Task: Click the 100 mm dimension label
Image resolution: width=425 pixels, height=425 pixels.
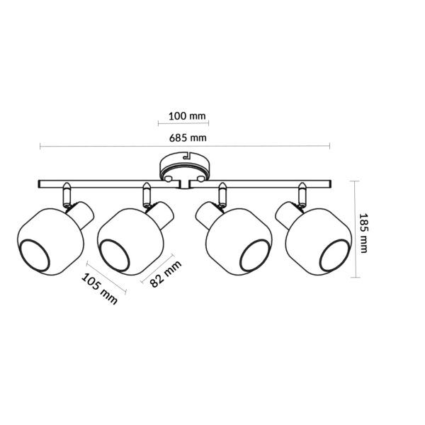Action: coord(187,116)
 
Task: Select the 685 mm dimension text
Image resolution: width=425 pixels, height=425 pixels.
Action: coord(188,138)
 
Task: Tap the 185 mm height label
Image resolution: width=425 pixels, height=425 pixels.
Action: coord(363,233)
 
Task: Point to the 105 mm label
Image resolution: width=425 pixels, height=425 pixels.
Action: coord(99,289)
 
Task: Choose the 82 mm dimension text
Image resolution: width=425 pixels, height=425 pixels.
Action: coord(166,273)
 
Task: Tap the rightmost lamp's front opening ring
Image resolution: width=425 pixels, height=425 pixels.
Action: coord(334,255)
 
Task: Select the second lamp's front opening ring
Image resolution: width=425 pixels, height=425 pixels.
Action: coord(115,255)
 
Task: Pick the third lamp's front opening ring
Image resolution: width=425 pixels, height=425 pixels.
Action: coord(254,255)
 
